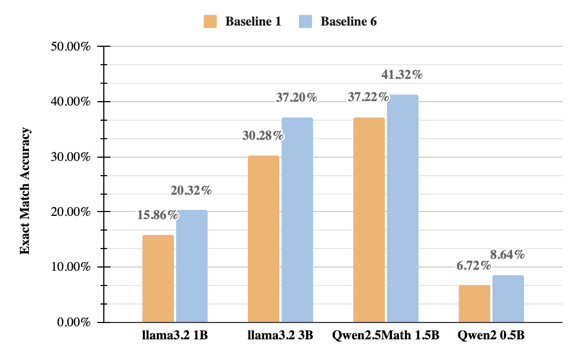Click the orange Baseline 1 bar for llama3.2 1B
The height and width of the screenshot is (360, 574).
pyautogui.click(x=158, y=278)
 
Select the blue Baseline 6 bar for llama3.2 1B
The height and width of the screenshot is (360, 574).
pyautogui.click(x=191, y=266)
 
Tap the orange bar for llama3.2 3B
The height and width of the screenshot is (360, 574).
pyautogui.click(x=264, y=239)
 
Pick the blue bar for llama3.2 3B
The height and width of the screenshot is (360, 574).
pyautogui.click(x=297, y=220)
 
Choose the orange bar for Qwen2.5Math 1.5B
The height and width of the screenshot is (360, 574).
pyautogui.click(x=369, y=220)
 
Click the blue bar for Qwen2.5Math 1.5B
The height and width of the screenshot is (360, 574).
pyautogui.click(x=402, y=208)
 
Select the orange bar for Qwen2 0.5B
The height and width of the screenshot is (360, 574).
pyautogui.click(x=475, y=303)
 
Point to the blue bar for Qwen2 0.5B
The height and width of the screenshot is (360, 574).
pyautogui.click(x=508, y=299)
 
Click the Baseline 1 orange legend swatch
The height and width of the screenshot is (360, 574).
pyautogui.click(x=210, y=22)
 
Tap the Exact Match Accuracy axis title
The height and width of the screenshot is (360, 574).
pyautogui.click(x=24, y=191)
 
